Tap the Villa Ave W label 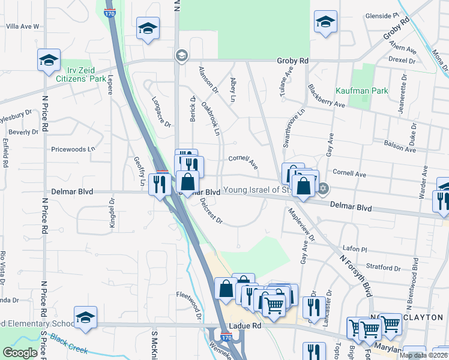tap(22, 26)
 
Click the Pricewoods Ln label tap(73, 149)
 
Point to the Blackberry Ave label tap(327, 95)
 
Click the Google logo tap(20, 353)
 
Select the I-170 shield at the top tap(109, 12)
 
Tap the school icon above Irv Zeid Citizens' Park tap(49, 59)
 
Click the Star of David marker tap(324, 189)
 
